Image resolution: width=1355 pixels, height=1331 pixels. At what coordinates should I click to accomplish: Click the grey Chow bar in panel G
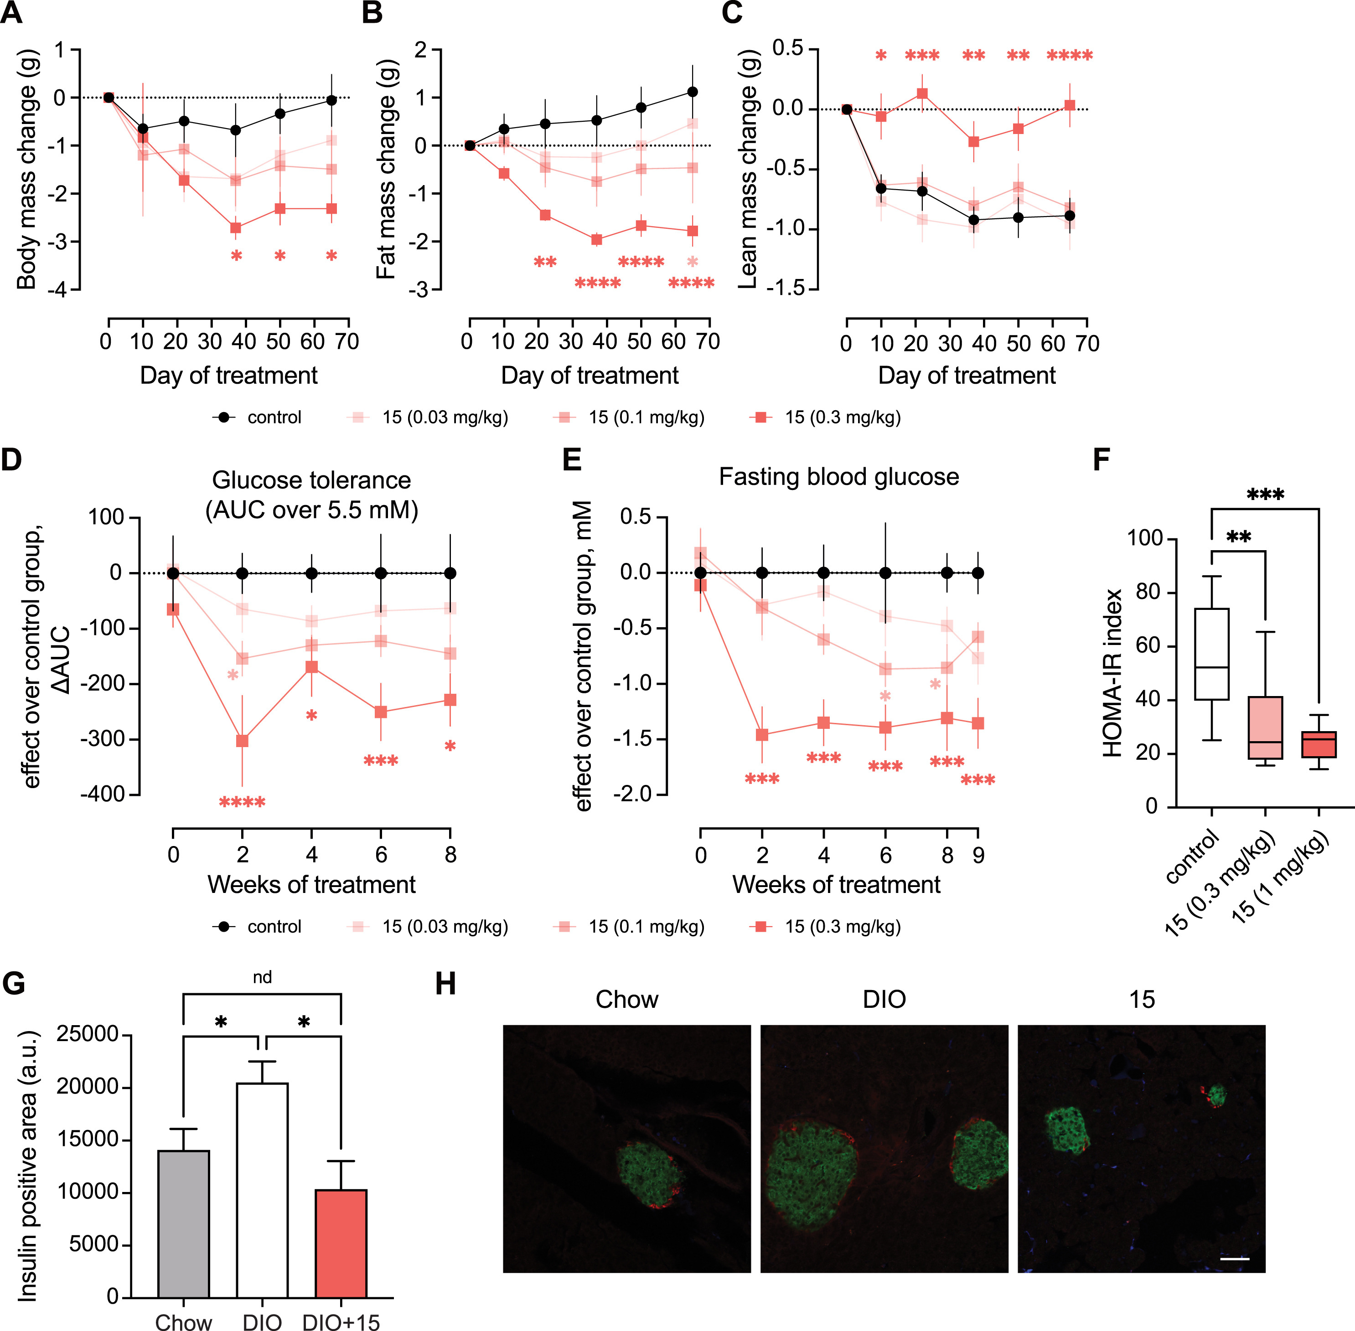183,1223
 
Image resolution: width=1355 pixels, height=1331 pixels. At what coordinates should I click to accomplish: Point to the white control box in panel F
1212,654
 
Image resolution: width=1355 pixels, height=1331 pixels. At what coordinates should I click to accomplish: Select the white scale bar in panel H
1235,1259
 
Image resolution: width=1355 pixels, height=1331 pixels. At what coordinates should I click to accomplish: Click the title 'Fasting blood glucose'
838,477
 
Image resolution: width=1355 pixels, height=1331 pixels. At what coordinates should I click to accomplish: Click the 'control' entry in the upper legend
274,418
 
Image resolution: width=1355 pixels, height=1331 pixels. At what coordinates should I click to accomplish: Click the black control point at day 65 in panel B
692,92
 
